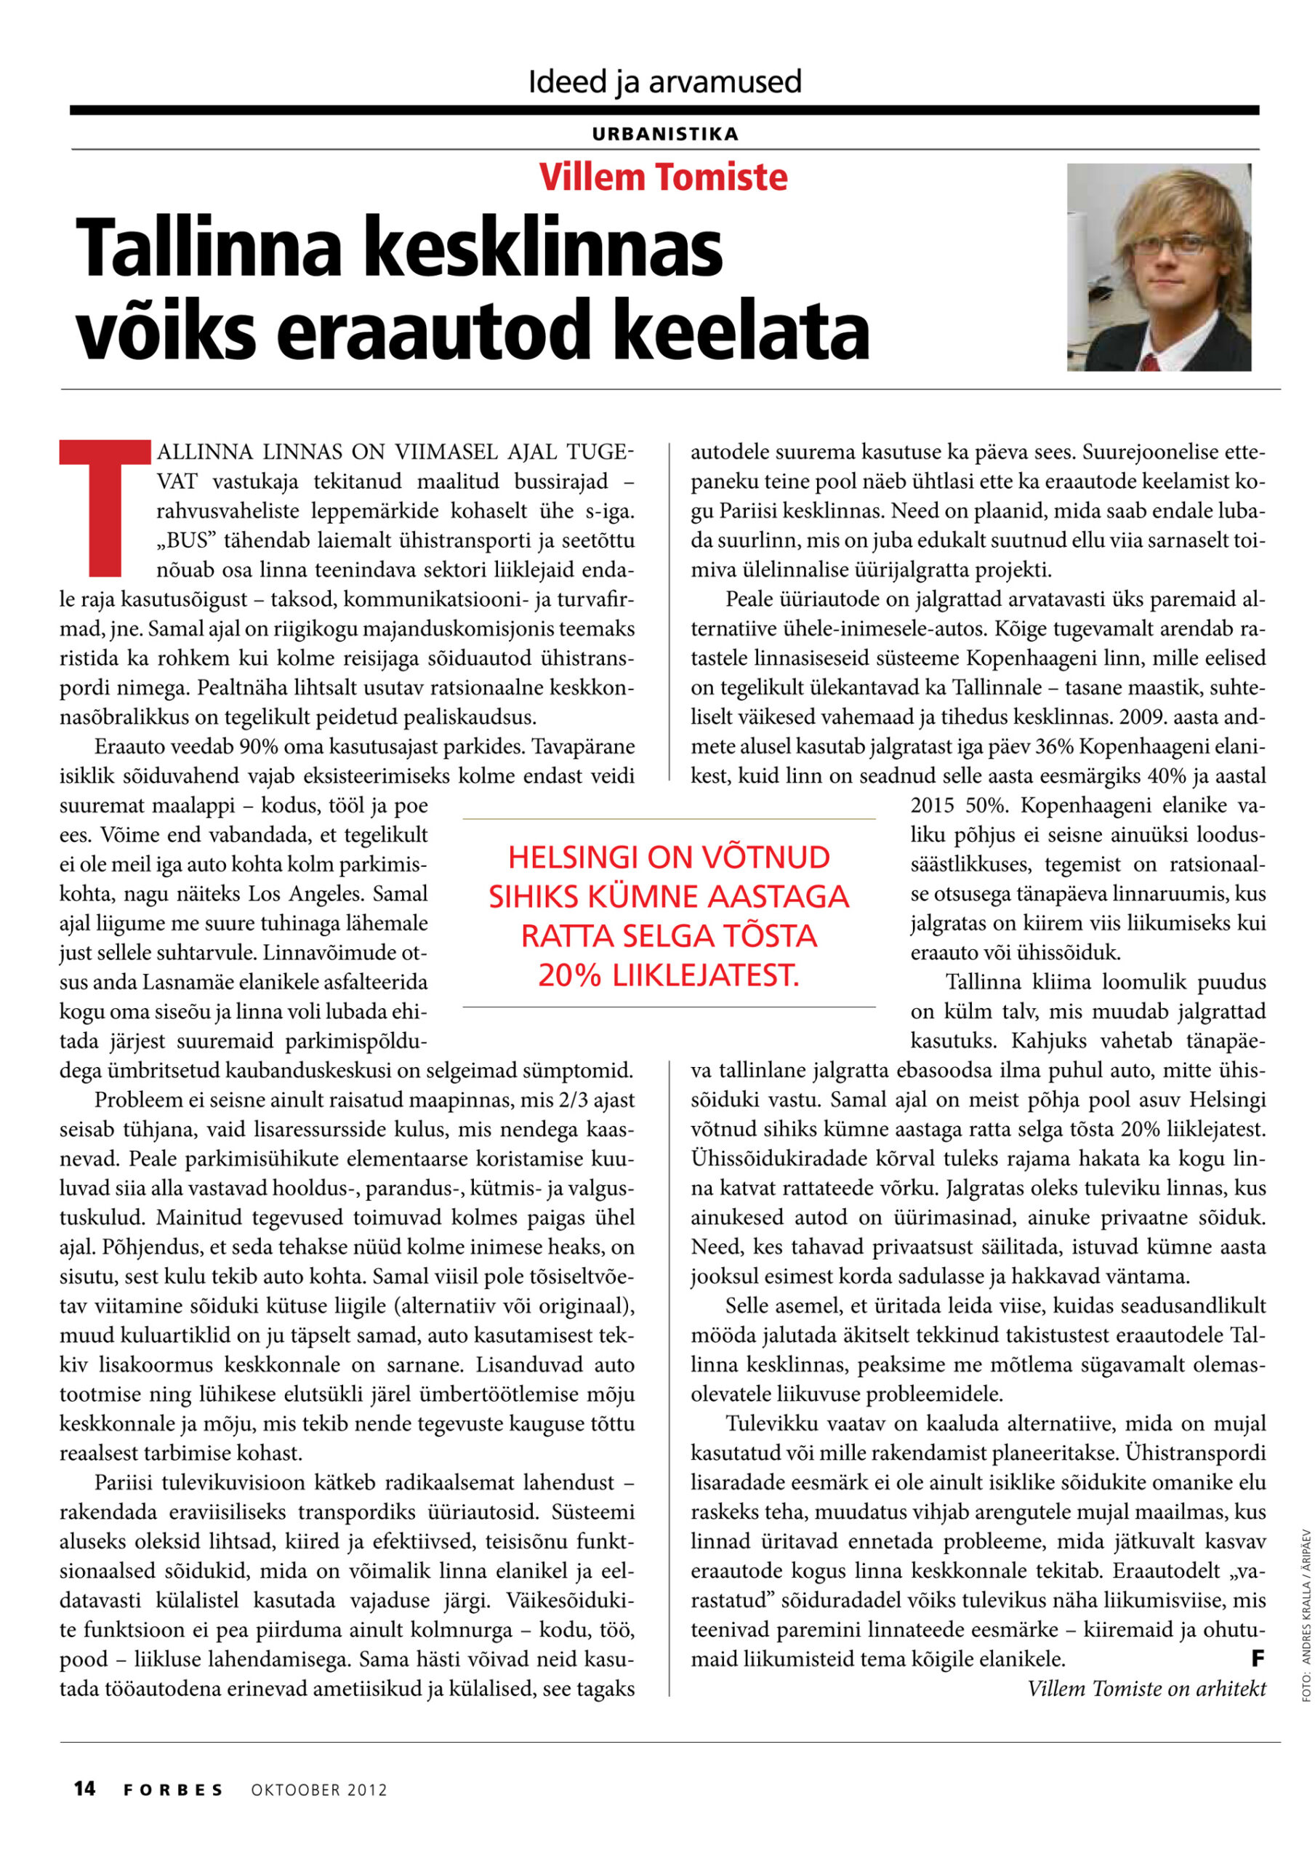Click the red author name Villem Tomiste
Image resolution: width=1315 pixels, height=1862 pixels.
662,177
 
